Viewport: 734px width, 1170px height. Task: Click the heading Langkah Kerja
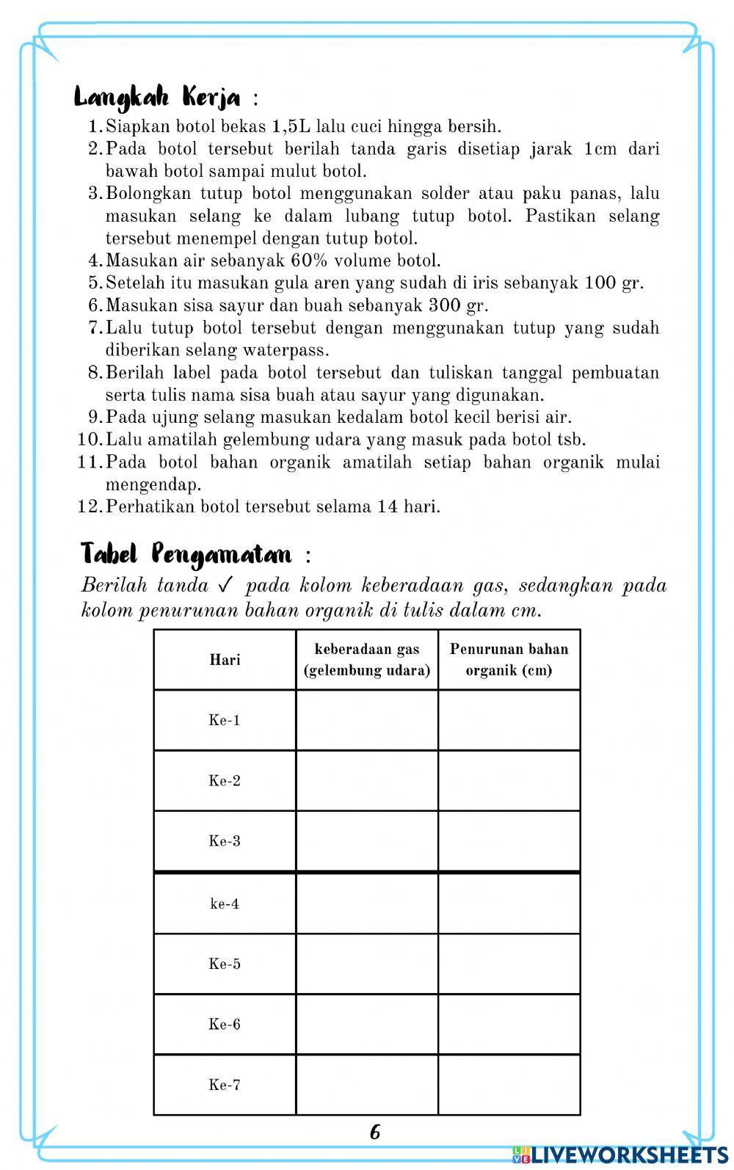click(x=157, y=97)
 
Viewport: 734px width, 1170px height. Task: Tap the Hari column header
click(x=225, y=659)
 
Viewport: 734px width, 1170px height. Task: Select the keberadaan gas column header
click(x=367, y=659)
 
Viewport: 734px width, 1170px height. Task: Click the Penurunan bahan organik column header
click(x=509, y=659)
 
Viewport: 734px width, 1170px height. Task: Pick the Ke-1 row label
click(x=225, y=720)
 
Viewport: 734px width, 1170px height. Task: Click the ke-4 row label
click(x=225, y=904)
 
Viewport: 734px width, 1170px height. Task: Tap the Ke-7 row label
click(x=225, y=1085)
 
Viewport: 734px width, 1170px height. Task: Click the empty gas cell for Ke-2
click(x=367, y=780)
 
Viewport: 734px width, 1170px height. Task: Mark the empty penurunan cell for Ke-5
click(x=509, y=964)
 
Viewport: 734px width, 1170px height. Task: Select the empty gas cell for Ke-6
click(x=367, y=1024)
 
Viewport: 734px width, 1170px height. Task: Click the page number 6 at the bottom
click(x=375, y=1132)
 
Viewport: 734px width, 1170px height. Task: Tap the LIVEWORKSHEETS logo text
click(x=628, y=1155)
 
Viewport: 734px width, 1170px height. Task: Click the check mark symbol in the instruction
click(x=225, y=586)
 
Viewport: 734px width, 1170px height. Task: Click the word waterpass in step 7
click(x=286, y=350)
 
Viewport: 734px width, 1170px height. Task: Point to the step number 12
click(x=87, y=506)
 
